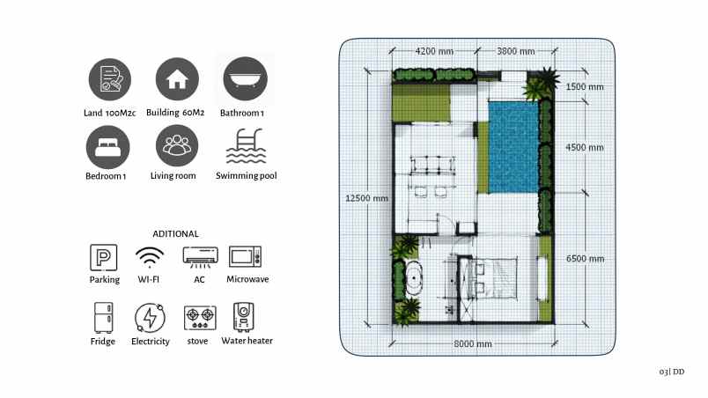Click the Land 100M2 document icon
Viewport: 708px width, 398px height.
110,79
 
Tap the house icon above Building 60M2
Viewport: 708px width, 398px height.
177,79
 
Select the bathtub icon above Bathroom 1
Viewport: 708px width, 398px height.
246,79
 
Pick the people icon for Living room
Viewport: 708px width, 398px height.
177,146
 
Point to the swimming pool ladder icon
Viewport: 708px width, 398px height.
246,146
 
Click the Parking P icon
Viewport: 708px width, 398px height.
104,258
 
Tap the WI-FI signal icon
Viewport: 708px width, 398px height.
150,258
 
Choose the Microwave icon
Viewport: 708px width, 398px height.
246,257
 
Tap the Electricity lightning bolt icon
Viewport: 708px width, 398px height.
149,317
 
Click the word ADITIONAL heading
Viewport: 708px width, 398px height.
175,234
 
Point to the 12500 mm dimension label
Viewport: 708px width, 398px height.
366,198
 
